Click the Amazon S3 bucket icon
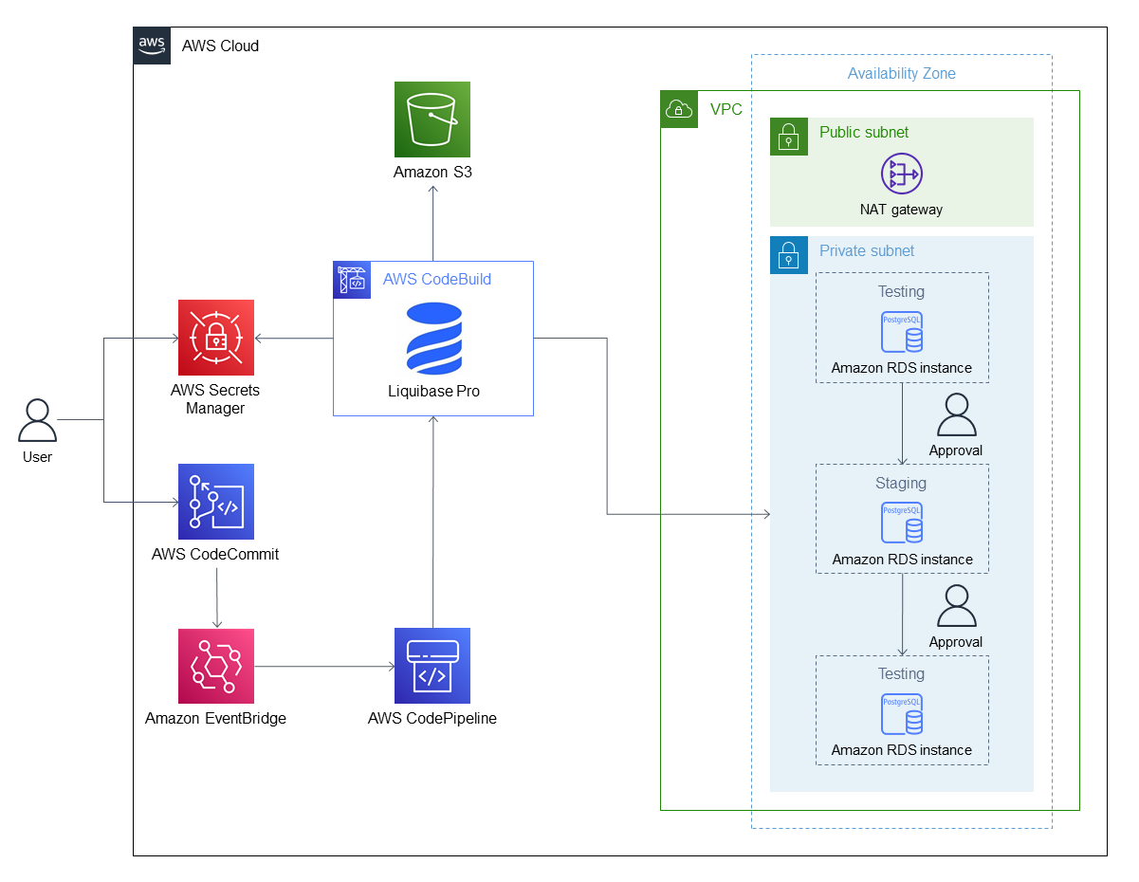pyautogui.click(x=432, y=119)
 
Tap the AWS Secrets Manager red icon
pyautogui.click(x=216, y=338)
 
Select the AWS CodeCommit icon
pyautogui.click(x=216, y=502)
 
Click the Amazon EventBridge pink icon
pyautogui.click(x=216, y=666)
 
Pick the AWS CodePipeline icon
pyautogui.click(x=432, y=666)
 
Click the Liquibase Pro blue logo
pyautogui.click(x=433, y=339)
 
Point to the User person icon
pyautogui.click(x=38, y=421)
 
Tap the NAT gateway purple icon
pyautogui.click(x=901, y=175)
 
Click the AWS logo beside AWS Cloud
pyautogui.click(x=152, y=46)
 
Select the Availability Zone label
pyautogui.click(x=901, y=74)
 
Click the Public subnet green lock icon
pyautogui.click(x=788, y=137)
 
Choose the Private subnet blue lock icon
pyautogui.click(x=788, y=255)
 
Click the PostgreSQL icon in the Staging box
pyautogui.click(x=901, y=523)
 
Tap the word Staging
pyautogui.click(x=901, y=484)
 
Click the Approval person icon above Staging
pyautogui.click(x=956, y=414)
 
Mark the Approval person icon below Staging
pyautogui.click(x=956, y=606)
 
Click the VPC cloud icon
pyautogui.click(x=679, y=109)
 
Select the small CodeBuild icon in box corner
pyautogui.click(x=352, y=279)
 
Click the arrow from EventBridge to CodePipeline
pyautogui.click(x=324, y=667)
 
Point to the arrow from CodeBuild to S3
pyautogui.click(x=433, y=223)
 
